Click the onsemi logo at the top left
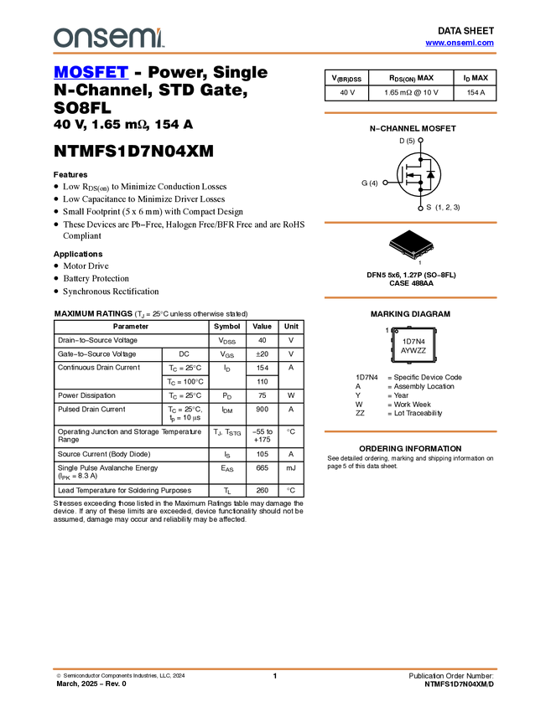click(108, 38)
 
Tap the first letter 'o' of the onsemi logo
click(61, 38)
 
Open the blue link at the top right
click(460, 43)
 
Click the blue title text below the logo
click(91, 73)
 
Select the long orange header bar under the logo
click(275, 54)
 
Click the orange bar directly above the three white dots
click(410, 113)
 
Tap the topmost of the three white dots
click(420, 140)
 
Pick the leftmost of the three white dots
click(385, 182)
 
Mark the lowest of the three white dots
click(420, 208)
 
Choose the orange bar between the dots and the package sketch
click(410, 223)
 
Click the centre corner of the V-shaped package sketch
click(413, 255)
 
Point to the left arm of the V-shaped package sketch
click(399, 247)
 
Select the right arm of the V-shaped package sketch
click(425, 249)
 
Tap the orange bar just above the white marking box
click(410, 297)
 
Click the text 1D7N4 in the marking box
click(414, 342)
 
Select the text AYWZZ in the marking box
click(414, 351)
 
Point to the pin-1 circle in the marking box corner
click(398, 333)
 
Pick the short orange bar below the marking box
click(410, 431)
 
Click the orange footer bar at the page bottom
click(275, 668)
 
